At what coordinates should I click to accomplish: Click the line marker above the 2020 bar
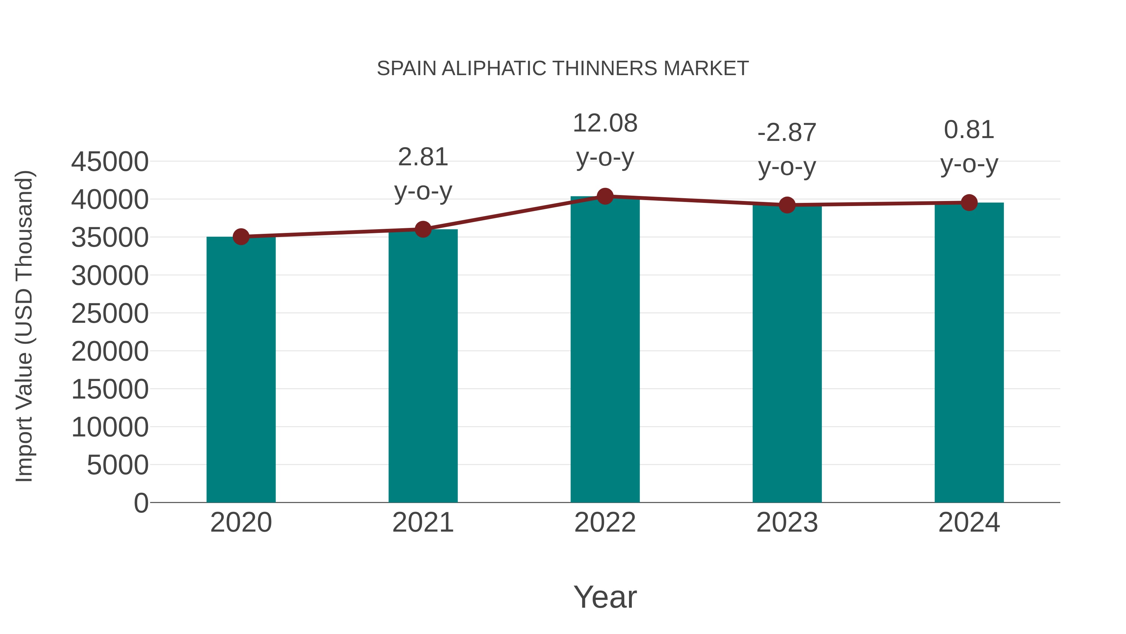pyautogui.click(x=241, y=237)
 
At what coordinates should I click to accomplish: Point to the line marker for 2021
pyautogui.click(x=423, y=229)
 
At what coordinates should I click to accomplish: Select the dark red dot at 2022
pyautogui.click(x=605, y=196)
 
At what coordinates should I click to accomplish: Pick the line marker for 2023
pyautogui.click(x=787, y=205)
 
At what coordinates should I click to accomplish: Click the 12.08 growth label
pyautogui.click(x=605, y=123)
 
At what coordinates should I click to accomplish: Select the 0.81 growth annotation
pyautogui.click(x=969, y=130)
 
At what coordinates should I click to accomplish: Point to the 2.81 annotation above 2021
pyautogui.click(x=423, y=157)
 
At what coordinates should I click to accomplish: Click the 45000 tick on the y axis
pyautogui.click(x=110, y=162)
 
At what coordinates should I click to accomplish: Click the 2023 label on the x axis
pyautogui.click(x=787, y=523)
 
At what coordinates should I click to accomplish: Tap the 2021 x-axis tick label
pyautogui.click(x=423, y=523)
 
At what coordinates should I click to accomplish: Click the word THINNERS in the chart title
pyautogui.click(x=605, y=69)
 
